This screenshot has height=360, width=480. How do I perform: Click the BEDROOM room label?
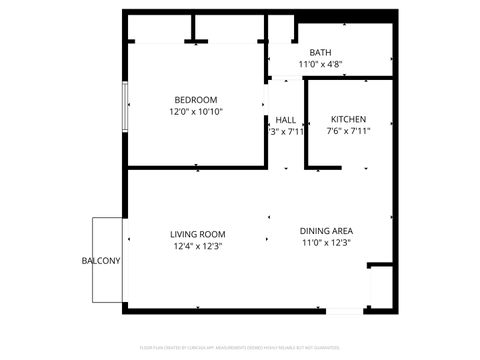[x=196, y=99]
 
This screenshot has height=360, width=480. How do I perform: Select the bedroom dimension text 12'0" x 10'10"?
[x=196, y=112]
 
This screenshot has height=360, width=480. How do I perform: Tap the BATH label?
[x=320, y=53]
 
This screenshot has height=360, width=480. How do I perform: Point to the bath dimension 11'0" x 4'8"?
[x=320, y=65]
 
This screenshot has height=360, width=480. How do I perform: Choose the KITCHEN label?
[x=349, y=119]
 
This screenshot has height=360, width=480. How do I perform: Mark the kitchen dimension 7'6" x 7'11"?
[x=349, y=131]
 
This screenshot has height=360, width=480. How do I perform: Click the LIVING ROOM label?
[x=197, y=234]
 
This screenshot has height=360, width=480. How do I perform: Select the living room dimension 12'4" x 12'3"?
[x=197, y=246]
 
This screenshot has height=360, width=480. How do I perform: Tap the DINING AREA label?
[x=326, y=230]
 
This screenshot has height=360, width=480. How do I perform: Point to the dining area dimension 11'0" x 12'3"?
[x=326, y=242]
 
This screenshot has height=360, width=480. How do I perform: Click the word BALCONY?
[x=101, y=261]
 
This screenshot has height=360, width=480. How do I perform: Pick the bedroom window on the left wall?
[x=125, y=106]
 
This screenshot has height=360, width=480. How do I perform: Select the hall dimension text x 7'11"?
[x=286, y=131]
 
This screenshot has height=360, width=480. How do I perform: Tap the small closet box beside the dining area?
[x=380, y=285]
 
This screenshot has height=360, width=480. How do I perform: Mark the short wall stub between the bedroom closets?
[x=193, y=27]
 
